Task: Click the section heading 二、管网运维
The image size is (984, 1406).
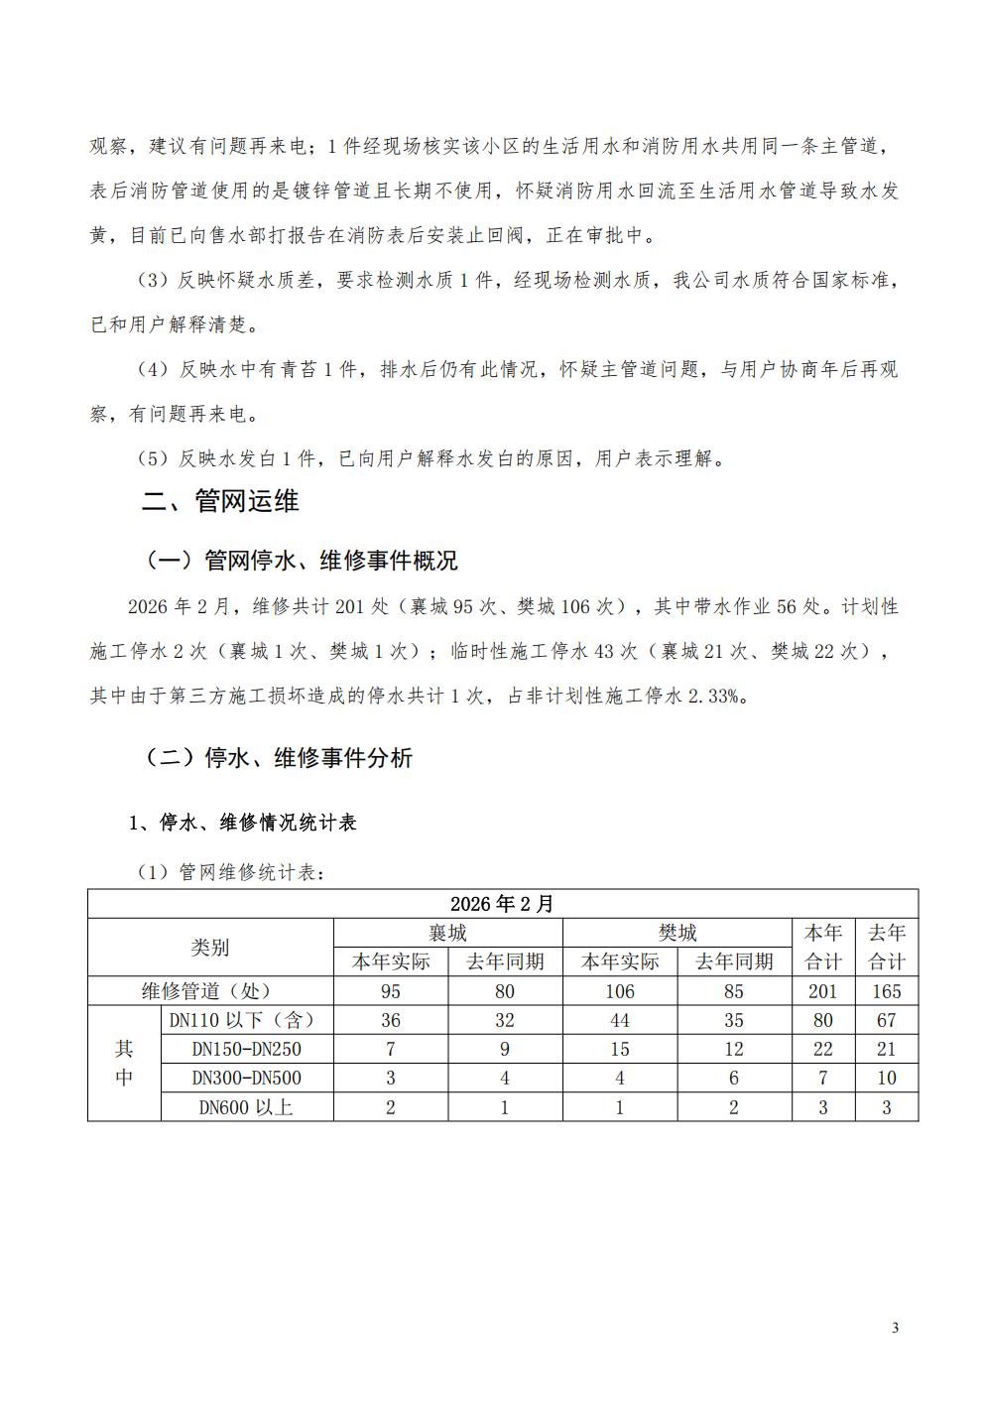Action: coord(219,501)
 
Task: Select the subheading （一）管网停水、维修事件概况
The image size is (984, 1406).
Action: coord(302,561)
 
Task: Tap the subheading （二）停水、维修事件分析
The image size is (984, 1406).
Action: coord(279,758)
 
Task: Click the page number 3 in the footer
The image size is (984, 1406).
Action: coord(896,1329)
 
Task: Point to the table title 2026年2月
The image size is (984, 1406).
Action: coord(502,904)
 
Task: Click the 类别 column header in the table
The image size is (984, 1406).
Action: coord(210,948)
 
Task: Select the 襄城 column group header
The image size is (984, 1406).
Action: coord(447,933)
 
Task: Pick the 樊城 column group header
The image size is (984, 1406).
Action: coord(677,933)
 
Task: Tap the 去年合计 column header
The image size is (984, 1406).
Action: coord(887,948)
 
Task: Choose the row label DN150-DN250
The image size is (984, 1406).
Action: coord(248,1049)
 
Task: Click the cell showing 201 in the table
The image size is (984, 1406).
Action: coord(822,990)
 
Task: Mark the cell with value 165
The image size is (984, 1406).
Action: coord(887,990)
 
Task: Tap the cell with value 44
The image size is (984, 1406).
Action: coord(620,1020)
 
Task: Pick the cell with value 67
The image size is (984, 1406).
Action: coord(887,1020)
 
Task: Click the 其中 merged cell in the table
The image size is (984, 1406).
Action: coord(124,1063)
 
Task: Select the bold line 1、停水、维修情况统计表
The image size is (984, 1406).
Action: coord(242,823)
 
